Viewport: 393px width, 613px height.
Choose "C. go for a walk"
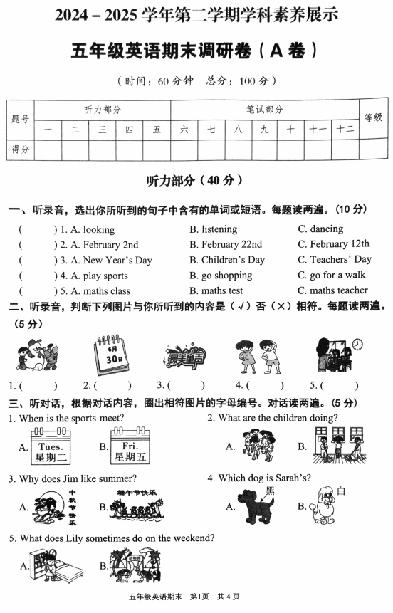point(331,276)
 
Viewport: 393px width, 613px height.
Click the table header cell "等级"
point(373,118)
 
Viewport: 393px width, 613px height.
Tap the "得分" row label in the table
point(21,150)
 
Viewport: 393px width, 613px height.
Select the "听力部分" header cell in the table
point(103,110)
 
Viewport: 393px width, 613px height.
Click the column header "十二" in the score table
point(345,130)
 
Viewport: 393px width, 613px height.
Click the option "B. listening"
point(213,229)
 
